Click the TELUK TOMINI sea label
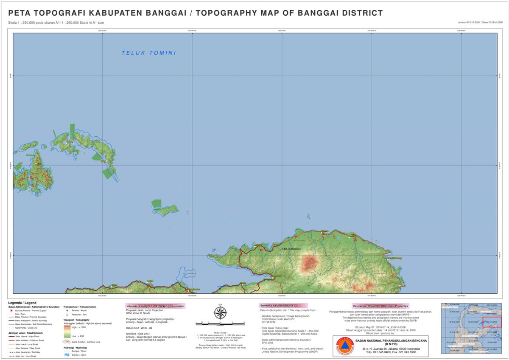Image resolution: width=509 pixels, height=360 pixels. point(148,53)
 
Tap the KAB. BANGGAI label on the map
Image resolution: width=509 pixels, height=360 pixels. point(291,248)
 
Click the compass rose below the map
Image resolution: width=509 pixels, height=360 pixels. point(220,313)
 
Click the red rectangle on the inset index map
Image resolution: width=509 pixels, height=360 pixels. point(492,322)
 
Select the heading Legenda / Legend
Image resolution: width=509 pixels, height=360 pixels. point(22,303)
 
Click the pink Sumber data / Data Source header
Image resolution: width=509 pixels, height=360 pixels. point(283,306)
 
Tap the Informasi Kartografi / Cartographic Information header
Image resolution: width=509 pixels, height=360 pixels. point(155,306)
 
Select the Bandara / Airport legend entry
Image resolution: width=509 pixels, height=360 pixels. point(76,310)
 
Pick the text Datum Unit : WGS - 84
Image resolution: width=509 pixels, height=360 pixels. point(139,328)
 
